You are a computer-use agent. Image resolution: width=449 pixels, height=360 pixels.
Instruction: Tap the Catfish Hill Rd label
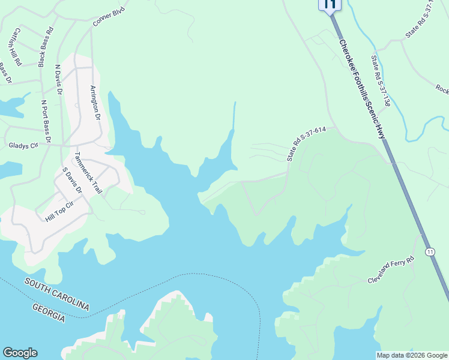16,46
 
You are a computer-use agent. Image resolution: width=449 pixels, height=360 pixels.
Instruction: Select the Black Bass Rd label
46,46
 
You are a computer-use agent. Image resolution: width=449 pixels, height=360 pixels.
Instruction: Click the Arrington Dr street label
95,103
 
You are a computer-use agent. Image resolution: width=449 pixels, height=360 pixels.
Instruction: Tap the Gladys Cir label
22,145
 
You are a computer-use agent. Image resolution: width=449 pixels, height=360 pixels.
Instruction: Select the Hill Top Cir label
59,212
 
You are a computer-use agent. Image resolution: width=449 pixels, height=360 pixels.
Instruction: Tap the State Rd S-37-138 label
381,80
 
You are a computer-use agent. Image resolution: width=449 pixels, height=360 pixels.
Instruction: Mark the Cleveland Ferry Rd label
391,271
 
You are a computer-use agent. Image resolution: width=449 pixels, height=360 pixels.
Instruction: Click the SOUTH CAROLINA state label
57,294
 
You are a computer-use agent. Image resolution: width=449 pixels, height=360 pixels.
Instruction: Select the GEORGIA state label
49,313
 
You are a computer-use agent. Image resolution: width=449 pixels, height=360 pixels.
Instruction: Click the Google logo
20,353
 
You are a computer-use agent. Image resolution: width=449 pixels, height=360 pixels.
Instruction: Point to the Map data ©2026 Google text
412,355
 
